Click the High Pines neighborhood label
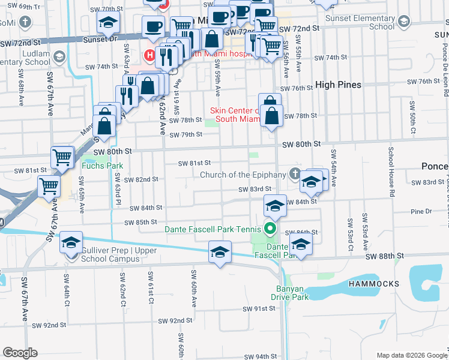(x=339, y=85)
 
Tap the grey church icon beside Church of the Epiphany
(x=294, y=175)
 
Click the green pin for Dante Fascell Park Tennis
(x=270, y=228)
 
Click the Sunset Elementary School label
(x=360, y=22)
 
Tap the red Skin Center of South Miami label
(x=235, y=114)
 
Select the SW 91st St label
(x=259, y=308)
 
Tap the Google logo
(x=20, y=353)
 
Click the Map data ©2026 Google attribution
(x=412, y=355)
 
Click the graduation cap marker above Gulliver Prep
(x=71, y=242)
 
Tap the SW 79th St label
(x=185, y=134)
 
